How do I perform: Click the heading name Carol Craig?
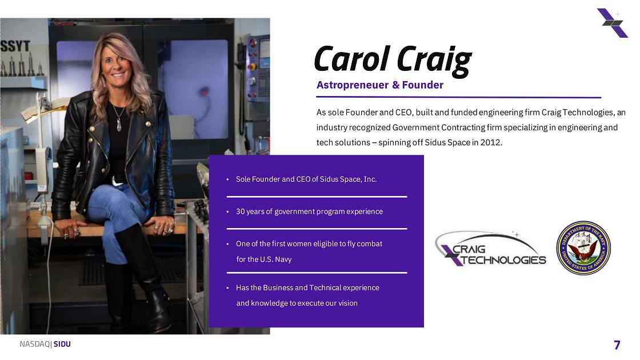pyautogui.click(x=393, y=61)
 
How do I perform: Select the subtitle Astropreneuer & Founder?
pyautogui.click(x=379, y=85)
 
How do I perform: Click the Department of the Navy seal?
pyautogui.click(x=583, y=248)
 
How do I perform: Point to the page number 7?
pyautogui.click(x=617, y=345)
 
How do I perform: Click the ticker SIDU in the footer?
pyautogui.click(x=62, y=344)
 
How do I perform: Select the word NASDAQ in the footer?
pyautogui.click(x=35, y=344)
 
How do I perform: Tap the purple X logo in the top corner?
pyautogui.click(x=612, y=23)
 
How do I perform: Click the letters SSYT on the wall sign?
pyautogui.click(x=15, y=46)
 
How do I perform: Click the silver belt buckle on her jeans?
pyautogui.click(x=118, y=181)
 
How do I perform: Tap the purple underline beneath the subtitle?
pyautogui.click(x=458, y=97)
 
